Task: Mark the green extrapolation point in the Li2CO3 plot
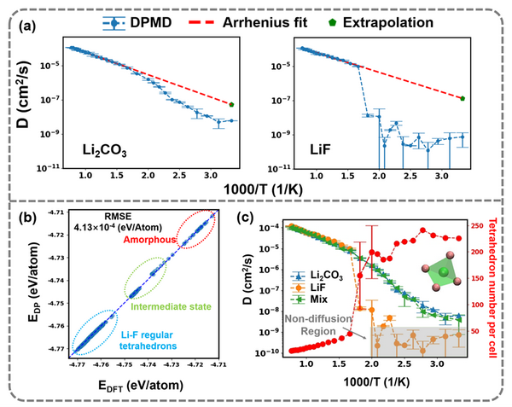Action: coord(231,104)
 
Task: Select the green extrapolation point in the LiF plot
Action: coord(462,98)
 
